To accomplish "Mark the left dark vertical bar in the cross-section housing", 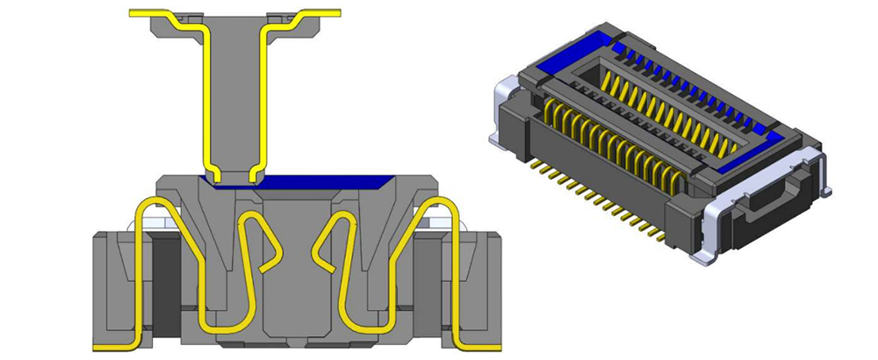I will [x=165, y=281].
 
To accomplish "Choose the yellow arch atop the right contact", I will [x=439, y=204].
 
